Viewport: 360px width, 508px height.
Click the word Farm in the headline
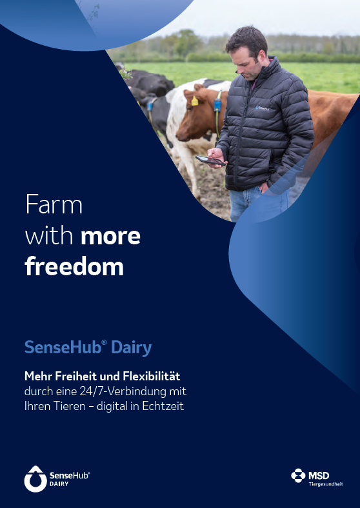tap(54, 204)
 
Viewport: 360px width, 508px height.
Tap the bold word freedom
tap(74, 266)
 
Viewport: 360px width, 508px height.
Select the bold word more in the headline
tap(110, 237)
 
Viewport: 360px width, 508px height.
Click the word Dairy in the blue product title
tap(132, 348)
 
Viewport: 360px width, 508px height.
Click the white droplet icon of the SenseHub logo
tap(35, 479)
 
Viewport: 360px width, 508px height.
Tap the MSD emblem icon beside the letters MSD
tap(298, 475)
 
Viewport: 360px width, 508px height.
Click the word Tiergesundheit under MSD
tap(326, 484)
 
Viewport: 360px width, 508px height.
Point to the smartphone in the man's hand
tap(210, 160)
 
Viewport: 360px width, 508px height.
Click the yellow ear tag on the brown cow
tap(195, 101)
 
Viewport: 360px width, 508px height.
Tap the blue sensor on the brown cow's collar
tap(217, 105)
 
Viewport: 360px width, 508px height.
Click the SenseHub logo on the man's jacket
tap(263, 108)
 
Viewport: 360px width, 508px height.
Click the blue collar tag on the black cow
tap(150, 106)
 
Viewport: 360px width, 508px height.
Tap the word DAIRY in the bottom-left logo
tap(59, 484)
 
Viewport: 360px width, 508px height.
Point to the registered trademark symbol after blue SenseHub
tap(104, 342)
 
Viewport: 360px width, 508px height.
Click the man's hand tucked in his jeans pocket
tap(264, 187)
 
